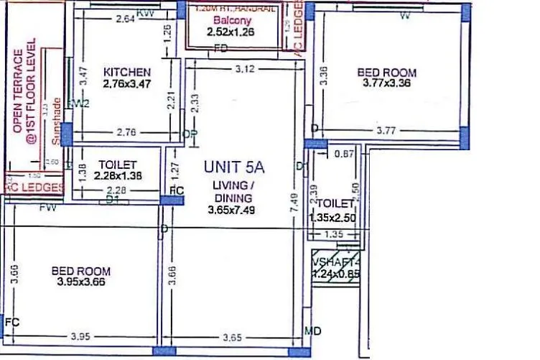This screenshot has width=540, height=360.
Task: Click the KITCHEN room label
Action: (x=127, y=72)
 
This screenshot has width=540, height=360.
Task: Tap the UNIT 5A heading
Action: (x=234, y=167)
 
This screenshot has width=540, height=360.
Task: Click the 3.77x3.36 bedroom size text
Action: (x=386, y=84)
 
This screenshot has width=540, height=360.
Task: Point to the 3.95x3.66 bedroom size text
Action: (x=80, y=282)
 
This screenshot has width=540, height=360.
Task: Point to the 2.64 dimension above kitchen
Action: (x=125, y=19)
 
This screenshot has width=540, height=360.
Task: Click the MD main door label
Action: (x=312, y=331)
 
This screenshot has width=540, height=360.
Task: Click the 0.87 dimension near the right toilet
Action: (x=345, y=154)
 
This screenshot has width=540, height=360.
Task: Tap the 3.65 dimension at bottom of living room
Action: (x=231, y=336)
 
